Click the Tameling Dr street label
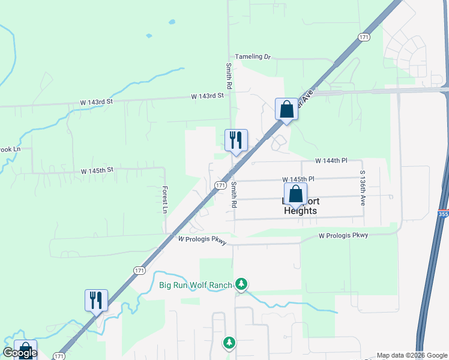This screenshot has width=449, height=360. [253, 56]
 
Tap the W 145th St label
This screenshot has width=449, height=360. [97, 171]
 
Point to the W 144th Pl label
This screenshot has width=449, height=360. [331, 161]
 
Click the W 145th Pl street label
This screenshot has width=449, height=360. [299, 179]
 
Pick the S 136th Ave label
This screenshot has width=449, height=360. [363, 188]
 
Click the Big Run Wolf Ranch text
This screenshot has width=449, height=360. [196, 284]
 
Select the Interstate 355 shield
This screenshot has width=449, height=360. [443, 213]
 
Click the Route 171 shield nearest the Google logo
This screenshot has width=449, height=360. [59, 356]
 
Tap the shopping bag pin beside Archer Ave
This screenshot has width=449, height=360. [286, 109]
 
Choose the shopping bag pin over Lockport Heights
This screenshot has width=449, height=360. [295, 194]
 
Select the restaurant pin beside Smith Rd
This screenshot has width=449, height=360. [236, 140]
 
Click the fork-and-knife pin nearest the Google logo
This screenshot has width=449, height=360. [96, 301]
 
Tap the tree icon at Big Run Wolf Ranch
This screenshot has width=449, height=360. [241, 283]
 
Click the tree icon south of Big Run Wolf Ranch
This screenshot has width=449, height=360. [229, 343]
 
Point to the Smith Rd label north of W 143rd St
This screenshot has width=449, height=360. [229, 76]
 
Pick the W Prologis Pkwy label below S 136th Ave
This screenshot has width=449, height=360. [343, 236]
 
